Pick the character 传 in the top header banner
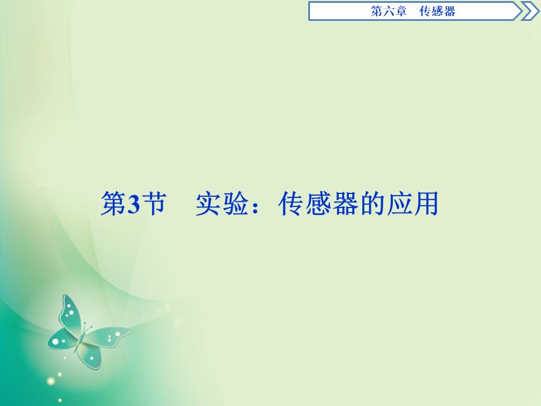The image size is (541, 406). tap(426, 11)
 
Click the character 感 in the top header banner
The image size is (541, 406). tap(438, 11)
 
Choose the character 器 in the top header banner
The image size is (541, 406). tap(450, 11)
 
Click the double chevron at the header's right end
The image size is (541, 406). tap(530, 11)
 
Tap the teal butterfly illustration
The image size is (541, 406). tap(85, 333)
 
